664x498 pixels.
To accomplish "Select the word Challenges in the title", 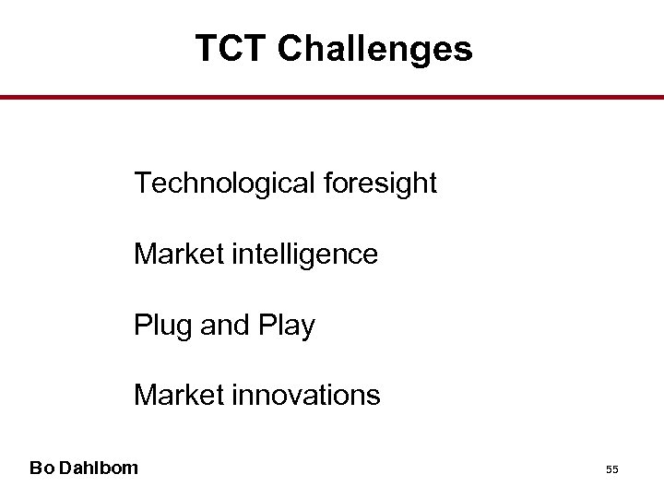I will [x=374, y=49].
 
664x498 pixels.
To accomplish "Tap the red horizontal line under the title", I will [x=332, y=97].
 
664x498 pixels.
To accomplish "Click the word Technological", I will [x=225, y=184].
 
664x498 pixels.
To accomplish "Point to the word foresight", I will [x=380, y=184].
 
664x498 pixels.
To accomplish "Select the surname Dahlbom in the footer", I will [x=97, y=468].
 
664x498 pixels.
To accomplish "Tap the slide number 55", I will [x=611, y=470].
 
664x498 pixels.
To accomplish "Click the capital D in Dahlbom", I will [x=62, y=468].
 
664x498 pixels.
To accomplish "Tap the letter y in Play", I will [x=306, y=327].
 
